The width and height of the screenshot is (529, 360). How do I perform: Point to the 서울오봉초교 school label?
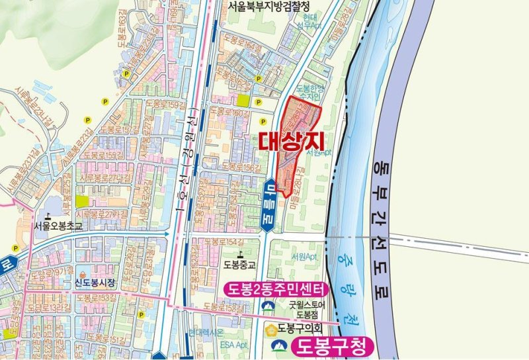click(58, 226)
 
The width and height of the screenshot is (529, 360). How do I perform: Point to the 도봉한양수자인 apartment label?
click(307, 93)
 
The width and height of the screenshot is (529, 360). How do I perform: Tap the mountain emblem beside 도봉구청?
click(280, 345)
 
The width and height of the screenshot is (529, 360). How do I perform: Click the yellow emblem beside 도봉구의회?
click(270, 328)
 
